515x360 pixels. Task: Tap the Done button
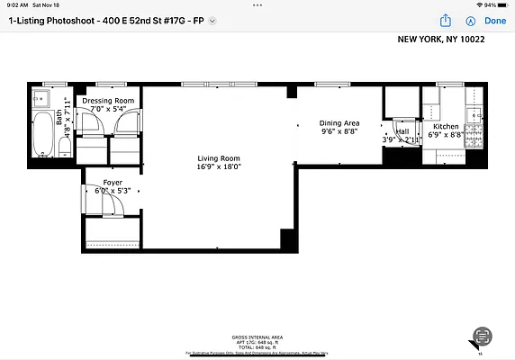(x=495, y=21)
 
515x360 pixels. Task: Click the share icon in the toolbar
(x=445, y=21)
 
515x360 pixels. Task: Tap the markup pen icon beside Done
(x=469, y=21)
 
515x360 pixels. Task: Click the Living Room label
(x=219, y=157)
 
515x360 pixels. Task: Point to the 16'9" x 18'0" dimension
(x=219, y=166)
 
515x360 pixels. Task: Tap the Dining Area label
(x=339, y=122)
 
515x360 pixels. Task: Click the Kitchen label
(x=447, y=128)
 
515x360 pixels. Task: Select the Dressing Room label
(x=108, y=101)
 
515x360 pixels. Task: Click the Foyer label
(x=113, y=182)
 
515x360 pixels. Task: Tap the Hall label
(x=401, y=131)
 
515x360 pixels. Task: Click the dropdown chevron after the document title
(x=212, y=21)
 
